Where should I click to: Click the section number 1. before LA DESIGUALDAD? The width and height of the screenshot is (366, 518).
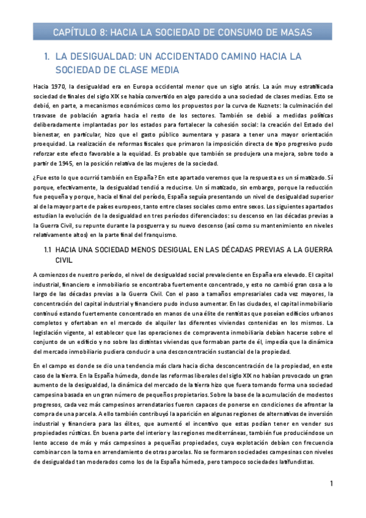(x=48, y=57)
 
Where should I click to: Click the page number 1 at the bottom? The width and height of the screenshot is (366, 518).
(x=330, y=484)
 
